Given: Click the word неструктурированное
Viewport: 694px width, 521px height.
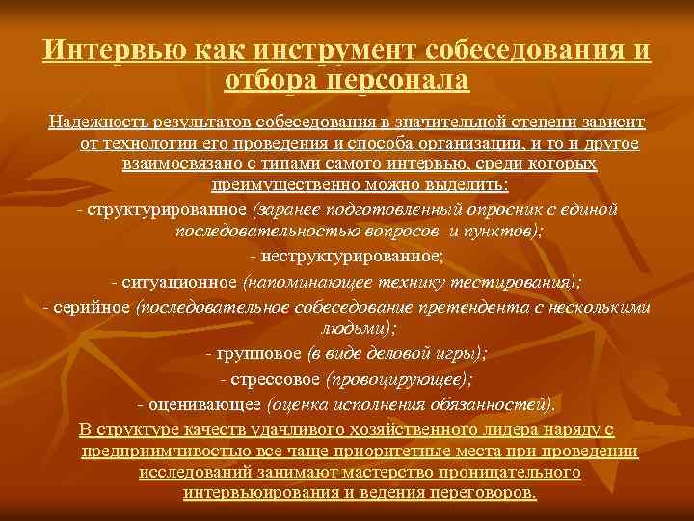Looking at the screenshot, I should click(351, 256).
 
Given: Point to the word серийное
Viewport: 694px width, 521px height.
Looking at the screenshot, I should click(95, 307).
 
